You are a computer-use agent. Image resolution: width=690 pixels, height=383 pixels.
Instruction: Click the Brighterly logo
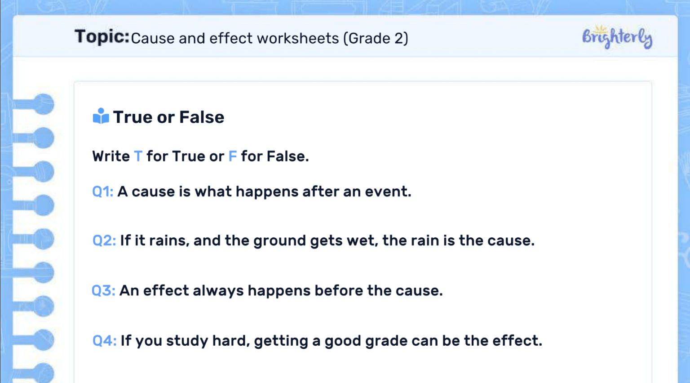pyautogui.click(x=617, y=37)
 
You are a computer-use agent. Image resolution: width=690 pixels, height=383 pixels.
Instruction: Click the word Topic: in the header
pyautogui.click(x=102, y=37)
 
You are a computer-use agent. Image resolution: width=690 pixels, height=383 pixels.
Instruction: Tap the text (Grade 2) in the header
pyautogui.click(x=376, y=39)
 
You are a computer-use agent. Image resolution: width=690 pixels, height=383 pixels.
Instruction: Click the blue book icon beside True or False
pyautogui.click(x=101, y=116)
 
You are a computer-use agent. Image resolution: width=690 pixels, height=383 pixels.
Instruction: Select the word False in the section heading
pyautogui.click(x=202, y=117)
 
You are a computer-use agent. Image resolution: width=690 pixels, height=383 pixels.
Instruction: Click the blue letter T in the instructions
pyautogui.click(x=138, y=156)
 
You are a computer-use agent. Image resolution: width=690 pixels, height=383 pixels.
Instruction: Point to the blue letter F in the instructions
pyautogui.click(x=232, y=156)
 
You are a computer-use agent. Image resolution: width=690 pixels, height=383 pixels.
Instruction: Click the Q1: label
pyautogui.click(x=102, y=192)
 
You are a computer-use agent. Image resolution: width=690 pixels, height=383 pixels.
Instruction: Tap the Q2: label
pyautogui.click(x=104, y=241)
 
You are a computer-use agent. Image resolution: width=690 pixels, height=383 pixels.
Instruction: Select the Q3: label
pyautogui.click(x=103, y=291)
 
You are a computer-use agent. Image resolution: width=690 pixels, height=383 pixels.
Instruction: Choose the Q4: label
pyautogui.click(x=104, y=341)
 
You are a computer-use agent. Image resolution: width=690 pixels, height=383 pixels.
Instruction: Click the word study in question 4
pyautogui.click(x=187, y=341)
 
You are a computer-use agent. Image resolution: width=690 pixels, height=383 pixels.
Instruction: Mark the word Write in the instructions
pyautogui.click(x=111, y=156)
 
